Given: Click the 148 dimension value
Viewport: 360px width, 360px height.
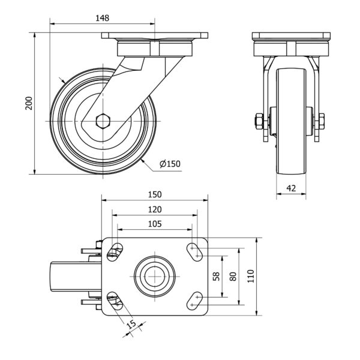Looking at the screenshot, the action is [103, 18].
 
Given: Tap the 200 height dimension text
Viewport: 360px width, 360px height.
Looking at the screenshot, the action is [29, 103].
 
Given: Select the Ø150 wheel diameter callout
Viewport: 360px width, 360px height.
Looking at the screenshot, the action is [170, 164].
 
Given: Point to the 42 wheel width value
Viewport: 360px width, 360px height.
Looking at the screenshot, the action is [291, 188].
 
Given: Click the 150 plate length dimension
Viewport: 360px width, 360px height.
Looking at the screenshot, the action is [155, 194].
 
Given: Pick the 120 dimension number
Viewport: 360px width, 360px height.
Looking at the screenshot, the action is [155, 209].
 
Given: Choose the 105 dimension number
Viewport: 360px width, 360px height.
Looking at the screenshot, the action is [155, 224].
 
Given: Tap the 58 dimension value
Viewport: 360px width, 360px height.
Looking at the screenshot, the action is [216, 276].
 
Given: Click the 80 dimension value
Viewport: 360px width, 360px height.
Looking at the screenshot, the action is [233, 277].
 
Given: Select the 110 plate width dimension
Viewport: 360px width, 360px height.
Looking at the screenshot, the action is [251, 276].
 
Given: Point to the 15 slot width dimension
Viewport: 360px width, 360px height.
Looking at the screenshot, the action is [131, 325].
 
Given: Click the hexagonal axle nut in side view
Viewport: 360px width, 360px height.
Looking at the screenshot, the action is [103, 121].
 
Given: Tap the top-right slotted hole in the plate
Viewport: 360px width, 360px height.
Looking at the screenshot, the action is [194, 252].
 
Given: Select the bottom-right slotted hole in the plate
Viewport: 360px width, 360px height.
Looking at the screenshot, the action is [194, 301].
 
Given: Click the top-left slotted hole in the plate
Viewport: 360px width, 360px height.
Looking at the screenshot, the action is [115, 252].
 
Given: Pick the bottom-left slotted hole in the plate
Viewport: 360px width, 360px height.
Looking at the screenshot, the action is [115, 301].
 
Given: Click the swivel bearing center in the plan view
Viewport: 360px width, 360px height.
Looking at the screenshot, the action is [155, 276].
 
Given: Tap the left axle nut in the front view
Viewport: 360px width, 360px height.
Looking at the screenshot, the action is [259, 121].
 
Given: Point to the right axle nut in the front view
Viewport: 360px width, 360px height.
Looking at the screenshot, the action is [322, 121].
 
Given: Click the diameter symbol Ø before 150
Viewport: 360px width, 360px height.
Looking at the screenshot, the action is [163, 164].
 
